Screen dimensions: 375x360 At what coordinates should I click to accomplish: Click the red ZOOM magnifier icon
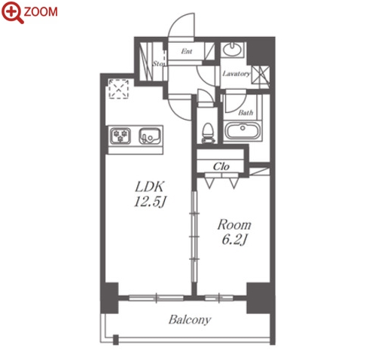pyautogui.click(x=11, y=12)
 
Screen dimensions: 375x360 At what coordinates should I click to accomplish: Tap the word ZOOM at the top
pyautogui.click(x=41, y=12)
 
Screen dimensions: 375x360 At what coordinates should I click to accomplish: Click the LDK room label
pyautogui.click(x=150, y=187)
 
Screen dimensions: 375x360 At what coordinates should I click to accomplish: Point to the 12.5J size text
pyautogui.click(x=150, y=202)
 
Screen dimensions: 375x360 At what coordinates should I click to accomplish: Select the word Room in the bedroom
pyautogui.click(x=234, y=224)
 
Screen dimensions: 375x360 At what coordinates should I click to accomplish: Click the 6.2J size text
pyautogui.click(x=234, y=239)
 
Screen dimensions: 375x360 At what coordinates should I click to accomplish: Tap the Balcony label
pyautogui.click(x=190, y=320)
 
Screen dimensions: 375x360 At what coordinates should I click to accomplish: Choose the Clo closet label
pyautogui.click(x=221, y=166)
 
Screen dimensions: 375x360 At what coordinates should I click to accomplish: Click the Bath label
pyautogui.click(x=245, y=112)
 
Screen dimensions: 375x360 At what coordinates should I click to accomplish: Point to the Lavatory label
pyautogui.click(x=236, y=74)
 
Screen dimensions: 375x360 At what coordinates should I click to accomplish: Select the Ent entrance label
pyautogui.click(x=187, y=51)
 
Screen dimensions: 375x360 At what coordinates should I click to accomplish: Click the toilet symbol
pyautogui.click(x=208, y=133)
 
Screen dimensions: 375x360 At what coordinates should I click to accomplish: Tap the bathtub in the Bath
pyautogui.click(x=242, y=130)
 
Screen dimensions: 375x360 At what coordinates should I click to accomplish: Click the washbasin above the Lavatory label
pyautogui.click(x=232, y=50)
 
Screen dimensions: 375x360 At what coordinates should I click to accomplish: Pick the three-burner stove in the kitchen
pyautogui.click(x=120, y=136)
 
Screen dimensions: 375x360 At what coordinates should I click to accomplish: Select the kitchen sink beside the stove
pyautogui.click(x=150, y=136)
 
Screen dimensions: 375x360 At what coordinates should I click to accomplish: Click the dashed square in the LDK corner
pyautogui.click(x=118, y=89)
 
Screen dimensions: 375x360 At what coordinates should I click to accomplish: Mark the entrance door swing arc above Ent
pyautogui.click(x=181, y=25)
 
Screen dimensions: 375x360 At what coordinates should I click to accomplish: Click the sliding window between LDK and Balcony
pyautogui.click(x=156, y=298)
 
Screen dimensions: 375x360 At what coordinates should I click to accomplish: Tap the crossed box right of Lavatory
pyautogui.click(x=261, y=75)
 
